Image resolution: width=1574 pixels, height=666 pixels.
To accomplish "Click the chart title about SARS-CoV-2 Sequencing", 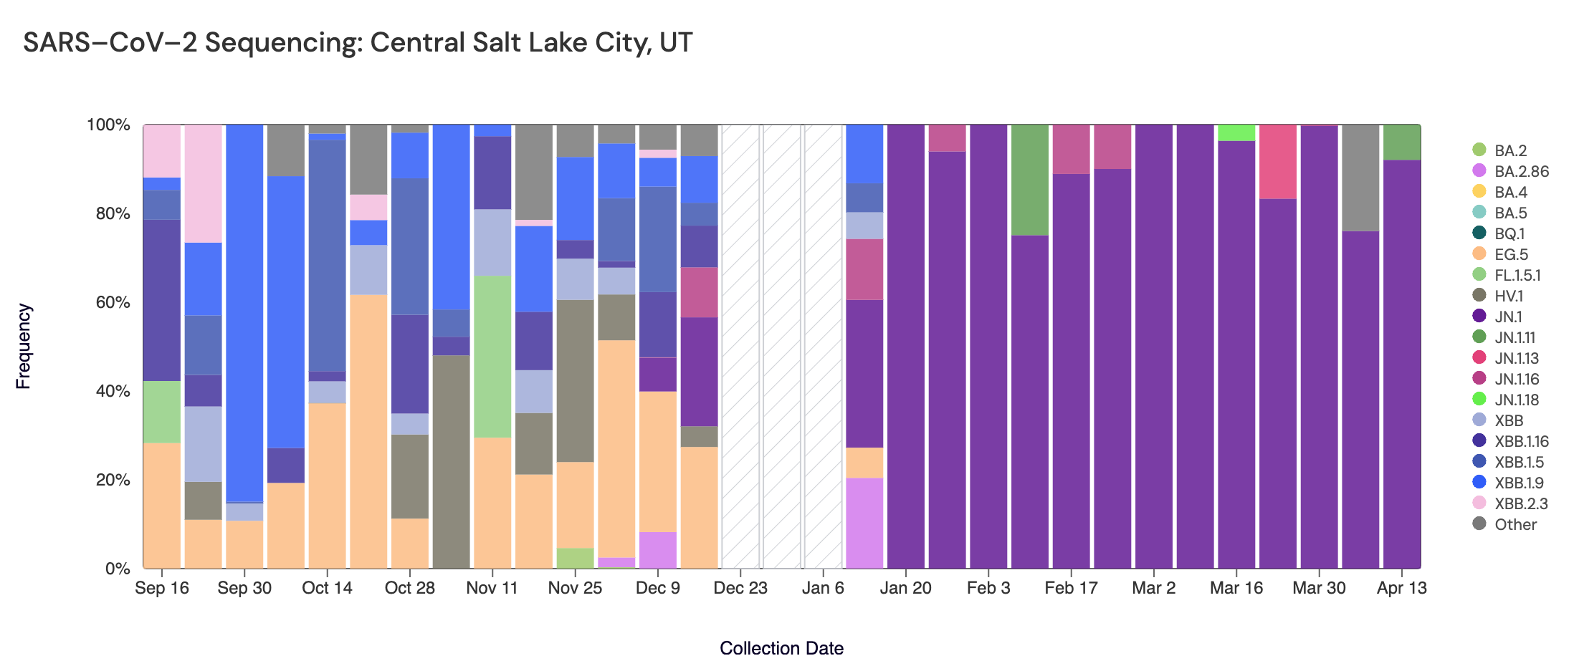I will [x=358, y=42].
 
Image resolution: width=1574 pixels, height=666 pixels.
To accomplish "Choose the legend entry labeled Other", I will [x=1515, y=524].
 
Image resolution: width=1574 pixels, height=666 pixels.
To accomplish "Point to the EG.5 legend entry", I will [x=1511, y=254].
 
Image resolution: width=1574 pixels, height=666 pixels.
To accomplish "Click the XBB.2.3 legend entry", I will [x=1521, y=503].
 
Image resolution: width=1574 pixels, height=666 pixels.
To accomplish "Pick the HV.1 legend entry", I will [x=1509, y=296].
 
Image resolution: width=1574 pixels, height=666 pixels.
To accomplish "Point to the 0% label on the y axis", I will [x=118, y=569].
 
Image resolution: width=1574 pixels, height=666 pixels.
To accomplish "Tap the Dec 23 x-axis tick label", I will [x=740, y=588].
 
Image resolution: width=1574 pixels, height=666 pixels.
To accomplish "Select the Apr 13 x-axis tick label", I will [x=1401, y=588].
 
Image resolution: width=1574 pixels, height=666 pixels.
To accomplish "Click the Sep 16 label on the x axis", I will [x=162, y=588].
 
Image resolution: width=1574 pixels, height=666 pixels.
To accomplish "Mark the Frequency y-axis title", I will [x=24, y=346].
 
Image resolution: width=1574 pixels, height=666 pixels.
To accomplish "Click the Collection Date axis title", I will [x=781, y=648].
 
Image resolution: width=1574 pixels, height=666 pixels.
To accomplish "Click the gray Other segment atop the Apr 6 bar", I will [x=1360, y=178].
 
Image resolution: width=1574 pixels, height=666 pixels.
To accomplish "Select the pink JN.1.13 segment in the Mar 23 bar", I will [x=1277, y=161].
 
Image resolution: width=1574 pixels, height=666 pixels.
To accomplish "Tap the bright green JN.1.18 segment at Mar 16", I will [x=1236, y=132].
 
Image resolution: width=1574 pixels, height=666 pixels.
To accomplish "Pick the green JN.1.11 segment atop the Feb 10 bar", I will [x=1029, y=180].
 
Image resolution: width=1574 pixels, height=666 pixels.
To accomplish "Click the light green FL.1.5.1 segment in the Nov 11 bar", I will [x=492, y=357].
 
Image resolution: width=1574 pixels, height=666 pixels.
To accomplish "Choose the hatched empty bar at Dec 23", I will [x=740, y=346].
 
